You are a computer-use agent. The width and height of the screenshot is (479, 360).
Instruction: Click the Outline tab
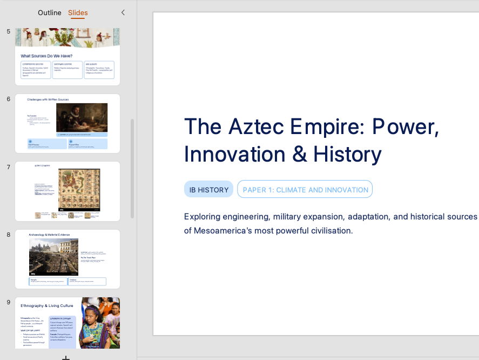click(49, 12)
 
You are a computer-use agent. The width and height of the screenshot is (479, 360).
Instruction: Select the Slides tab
click(78, 12)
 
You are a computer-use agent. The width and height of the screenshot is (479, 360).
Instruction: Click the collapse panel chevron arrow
click(123, 12)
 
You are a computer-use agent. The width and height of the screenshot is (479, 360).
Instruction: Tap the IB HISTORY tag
click(208, 190)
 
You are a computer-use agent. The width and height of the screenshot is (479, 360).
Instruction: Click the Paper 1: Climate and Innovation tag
click(305, 190)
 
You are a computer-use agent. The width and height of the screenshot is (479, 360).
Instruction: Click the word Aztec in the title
click(257, 126)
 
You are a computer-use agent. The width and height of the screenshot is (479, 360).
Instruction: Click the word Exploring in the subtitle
click(202, 216)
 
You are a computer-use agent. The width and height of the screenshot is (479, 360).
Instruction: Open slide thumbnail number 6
click(68, 124)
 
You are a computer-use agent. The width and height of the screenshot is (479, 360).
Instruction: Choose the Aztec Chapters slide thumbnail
click(68, 191)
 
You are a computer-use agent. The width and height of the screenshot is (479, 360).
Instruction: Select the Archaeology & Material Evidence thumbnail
click(68, 259)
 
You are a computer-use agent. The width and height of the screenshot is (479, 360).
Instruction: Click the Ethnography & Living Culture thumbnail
click(68, 323)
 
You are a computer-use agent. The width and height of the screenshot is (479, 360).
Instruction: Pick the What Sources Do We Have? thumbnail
click(68, 56)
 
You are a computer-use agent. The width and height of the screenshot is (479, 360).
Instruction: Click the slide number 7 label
click(9, 166)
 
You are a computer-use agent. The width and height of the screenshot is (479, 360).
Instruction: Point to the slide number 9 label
click(9, 302)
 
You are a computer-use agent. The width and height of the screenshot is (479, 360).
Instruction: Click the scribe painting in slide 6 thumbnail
click(82, 117)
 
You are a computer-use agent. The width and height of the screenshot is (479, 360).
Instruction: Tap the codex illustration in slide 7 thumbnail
click(79, 189)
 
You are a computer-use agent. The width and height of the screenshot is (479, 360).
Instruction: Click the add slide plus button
click(65, 357)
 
